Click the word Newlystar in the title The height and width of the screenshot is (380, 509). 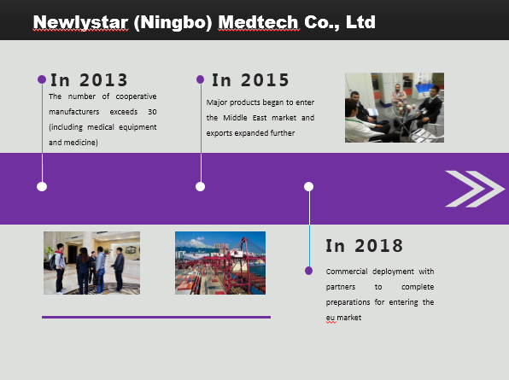[81, 22]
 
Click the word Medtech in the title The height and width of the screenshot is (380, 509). [258, 22]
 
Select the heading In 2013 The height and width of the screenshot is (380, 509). [89, 80]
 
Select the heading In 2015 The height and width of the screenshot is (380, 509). [250, 80]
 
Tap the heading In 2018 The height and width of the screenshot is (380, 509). [364, 246]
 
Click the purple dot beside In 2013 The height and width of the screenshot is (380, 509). [42, 79]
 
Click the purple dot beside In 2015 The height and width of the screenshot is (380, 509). [201, 79]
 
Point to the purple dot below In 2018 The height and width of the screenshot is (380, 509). [308, 271]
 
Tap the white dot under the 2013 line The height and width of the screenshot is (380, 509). [42, 187]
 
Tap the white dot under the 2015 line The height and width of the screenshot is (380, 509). [201, 187]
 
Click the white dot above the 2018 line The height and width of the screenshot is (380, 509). [308, 187]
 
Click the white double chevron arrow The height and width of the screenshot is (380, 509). [475, 189]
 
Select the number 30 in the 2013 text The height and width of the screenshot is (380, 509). [152, 112]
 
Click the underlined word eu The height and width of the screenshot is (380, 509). [331, 318]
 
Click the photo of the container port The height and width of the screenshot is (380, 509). [220, 263]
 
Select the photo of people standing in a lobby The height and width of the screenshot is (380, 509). [92, 263]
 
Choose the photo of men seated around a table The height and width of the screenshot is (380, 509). [395, 108]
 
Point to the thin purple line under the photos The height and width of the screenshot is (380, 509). [156, 317]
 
